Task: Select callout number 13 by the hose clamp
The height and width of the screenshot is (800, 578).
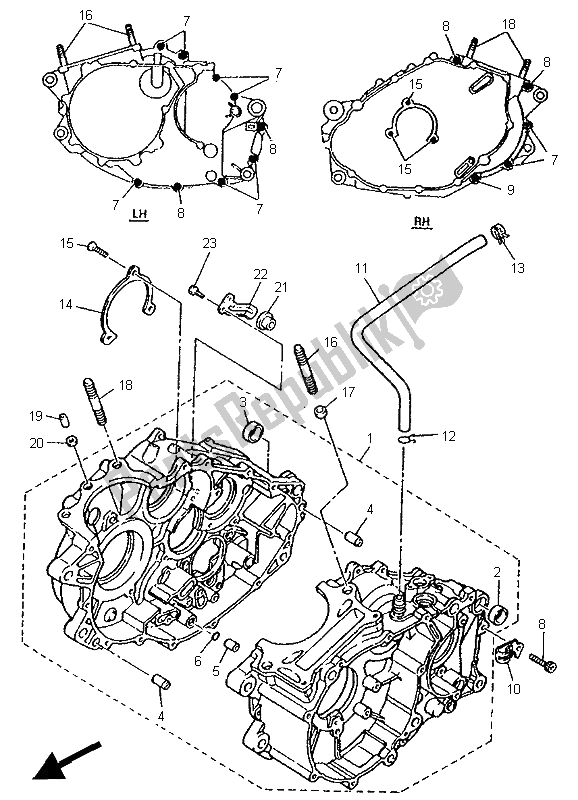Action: click(516, 268)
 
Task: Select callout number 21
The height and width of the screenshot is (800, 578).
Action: click(281, 288)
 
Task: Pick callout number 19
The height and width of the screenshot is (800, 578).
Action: click(62, 415)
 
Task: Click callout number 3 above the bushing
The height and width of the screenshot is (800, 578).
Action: click(243, 402)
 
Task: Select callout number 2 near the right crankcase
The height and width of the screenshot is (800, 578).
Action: click(497, 572)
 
